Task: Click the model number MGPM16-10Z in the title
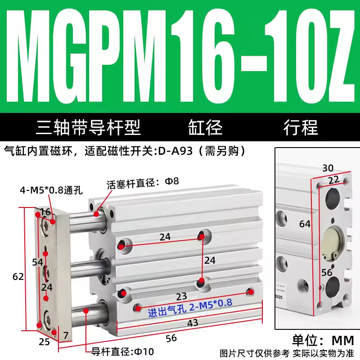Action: coord(180,57)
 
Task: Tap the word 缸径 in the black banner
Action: coord(205,127)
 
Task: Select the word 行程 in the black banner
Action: coord(301,127)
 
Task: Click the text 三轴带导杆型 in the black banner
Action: coord(88,127)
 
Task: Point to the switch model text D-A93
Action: coord(175,151)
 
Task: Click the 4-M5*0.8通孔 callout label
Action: coord(51,190)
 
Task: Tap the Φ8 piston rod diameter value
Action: coord(172,181)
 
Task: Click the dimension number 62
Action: coord(18,277)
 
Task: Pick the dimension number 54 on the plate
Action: coord(37,262)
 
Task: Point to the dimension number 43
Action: coord(193,323)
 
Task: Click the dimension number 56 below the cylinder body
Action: coord(171,338)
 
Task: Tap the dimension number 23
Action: coord(181,297)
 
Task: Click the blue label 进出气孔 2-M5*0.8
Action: coord(190,308)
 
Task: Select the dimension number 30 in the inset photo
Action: coord(328,168)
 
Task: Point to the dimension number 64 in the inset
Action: coord(305,224)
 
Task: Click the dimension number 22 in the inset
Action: coord(334,180)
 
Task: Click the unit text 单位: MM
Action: coord(323,341)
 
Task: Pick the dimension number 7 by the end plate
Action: coord(66,335)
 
